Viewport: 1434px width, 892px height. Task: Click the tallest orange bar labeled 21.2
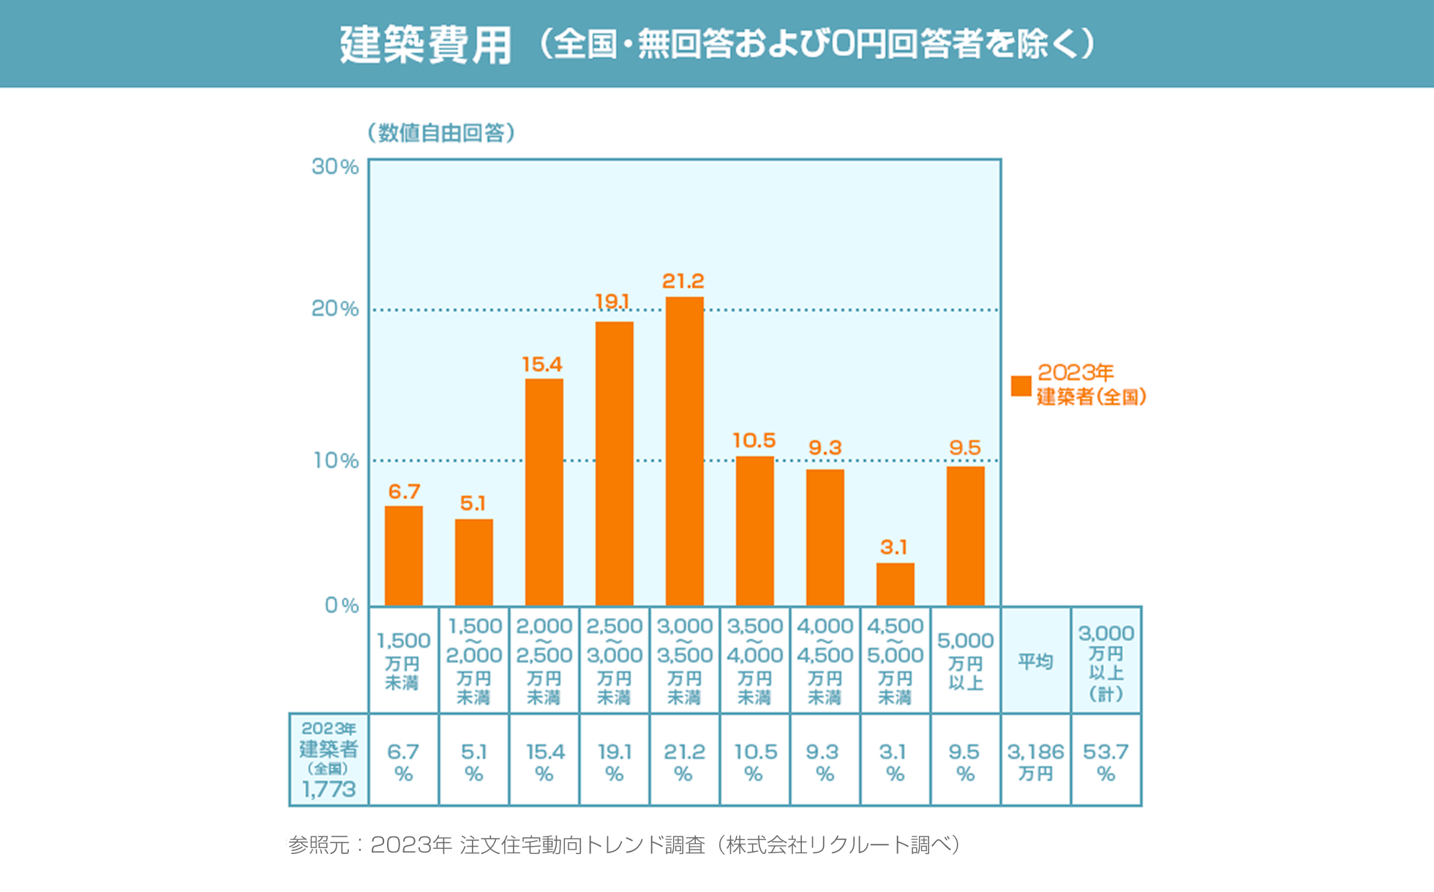point(684,451)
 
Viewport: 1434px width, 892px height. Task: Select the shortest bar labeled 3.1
point(895,584)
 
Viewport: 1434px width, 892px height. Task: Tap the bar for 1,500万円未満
point(403,556)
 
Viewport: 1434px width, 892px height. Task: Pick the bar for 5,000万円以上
point(965,536)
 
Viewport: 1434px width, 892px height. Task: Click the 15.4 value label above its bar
point(541,364)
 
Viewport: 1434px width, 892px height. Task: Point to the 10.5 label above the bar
point(754,440)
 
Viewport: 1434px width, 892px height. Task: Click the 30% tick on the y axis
point(335,167)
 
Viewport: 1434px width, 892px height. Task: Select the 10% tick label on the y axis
point(336,461)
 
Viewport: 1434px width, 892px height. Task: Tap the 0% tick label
point(342,605)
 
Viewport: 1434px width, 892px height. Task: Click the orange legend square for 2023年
point(1021,385)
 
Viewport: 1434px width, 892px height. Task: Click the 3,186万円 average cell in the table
point(1035,761)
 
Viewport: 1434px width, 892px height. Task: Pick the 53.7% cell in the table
point(1105,761)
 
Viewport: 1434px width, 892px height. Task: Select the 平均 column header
point(1035,661)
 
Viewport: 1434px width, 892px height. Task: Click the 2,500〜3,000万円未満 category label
point(614,661)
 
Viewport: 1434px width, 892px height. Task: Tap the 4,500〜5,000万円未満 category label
point(895,661)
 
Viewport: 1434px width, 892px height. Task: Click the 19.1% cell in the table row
point(614,761)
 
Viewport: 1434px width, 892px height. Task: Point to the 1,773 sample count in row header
point(329,790)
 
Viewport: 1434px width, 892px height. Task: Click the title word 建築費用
point(425,45)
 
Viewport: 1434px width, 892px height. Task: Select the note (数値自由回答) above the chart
point(441,132)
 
